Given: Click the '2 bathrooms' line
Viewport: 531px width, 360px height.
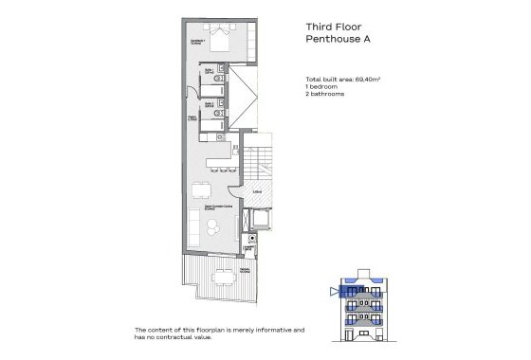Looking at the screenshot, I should coord(324,96).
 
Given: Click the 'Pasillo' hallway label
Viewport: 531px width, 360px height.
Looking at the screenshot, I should coord(193,118).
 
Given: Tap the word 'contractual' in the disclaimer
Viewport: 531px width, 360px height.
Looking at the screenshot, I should coord(211,336).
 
